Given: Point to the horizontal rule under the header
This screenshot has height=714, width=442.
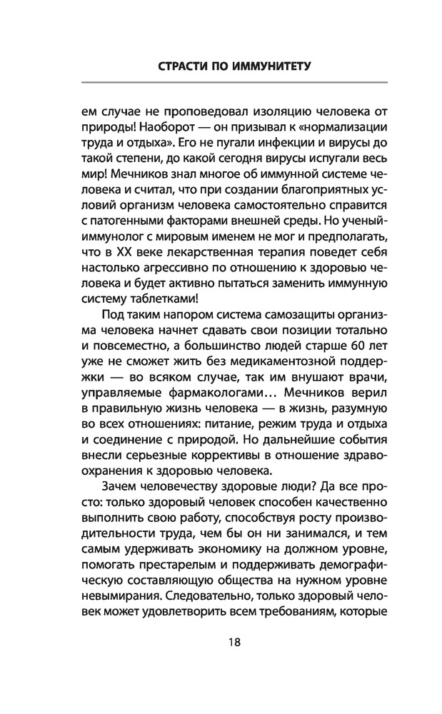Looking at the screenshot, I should point(221,84).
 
